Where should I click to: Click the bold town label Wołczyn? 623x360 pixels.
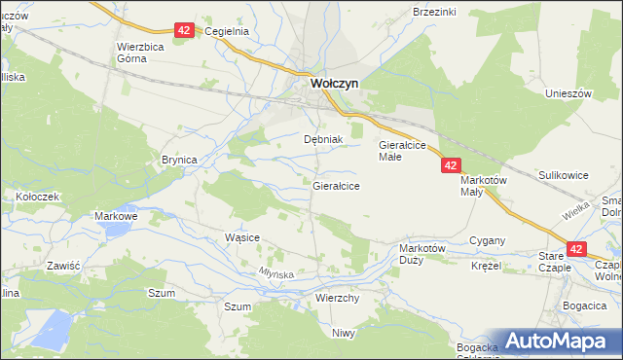pos(334,84)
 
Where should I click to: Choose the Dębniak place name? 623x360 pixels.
pos(324,139)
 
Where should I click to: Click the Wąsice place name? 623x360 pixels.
pos(241,237)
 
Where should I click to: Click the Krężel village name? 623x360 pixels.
pos(485,266)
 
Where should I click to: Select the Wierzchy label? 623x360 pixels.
pos(339,298)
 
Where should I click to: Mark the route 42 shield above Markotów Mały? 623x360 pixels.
pos(450,166)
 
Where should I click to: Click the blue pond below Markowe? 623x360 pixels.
pos(116,230)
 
